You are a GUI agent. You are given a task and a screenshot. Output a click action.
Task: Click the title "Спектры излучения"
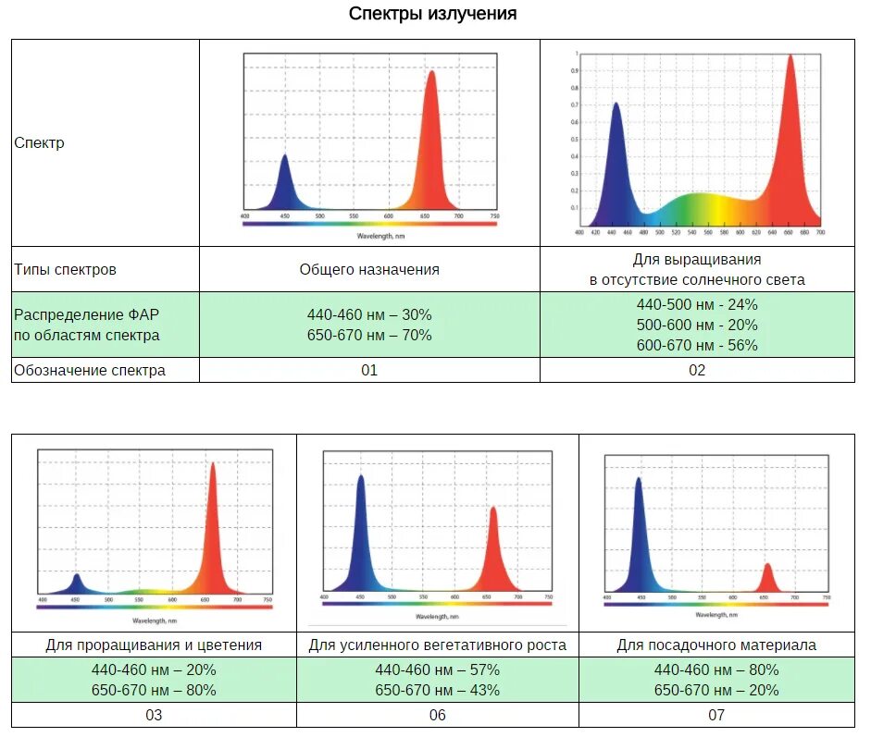click(x=432, y=14)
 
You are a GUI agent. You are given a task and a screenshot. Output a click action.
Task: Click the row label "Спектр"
click(x=39, y=143)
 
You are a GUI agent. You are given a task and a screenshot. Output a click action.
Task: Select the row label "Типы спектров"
click(x=65, y=270)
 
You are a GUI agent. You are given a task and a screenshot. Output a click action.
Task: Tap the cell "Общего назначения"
click(x=369, y=270)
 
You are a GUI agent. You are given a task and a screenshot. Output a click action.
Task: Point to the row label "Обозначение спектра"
click(x=90, y=371)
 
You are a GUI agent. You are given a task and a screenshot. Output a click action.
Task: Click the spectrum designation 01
click(x=369, y=371)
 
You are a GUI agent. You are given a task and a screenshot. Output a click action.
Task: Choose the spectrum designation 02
click(x=697, y=371)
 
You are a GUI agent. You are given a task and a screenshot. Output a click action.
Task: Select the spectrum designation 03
click(x=154, y=715)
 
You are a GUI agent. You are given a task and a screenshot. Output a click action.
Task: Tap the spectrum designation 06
click(x=437, y=715)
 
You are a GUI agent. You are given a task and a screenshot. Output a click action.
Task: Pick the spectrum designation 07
click(x=716, y=715)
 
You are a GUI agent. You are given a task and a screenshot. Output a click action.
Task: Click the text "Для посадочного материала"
click(x=716, y=645)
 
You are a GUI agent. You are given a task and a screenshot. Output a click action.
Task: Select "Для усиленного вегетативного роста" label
click(x=437, y=645)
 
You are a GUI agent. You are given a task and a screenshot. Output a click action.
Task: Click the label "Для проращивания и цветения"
click(x=154, y=645)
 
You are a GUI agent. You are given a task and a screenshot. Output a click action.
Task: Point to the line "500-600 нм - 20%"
click(x=697, y=325)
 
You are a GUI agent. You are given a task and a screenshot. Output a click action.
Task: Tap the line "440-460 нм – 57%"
click(x=437, y=669)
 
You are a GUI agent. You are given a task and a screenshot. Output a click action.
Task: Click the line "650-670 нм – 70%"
click(x=369, y=335)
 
